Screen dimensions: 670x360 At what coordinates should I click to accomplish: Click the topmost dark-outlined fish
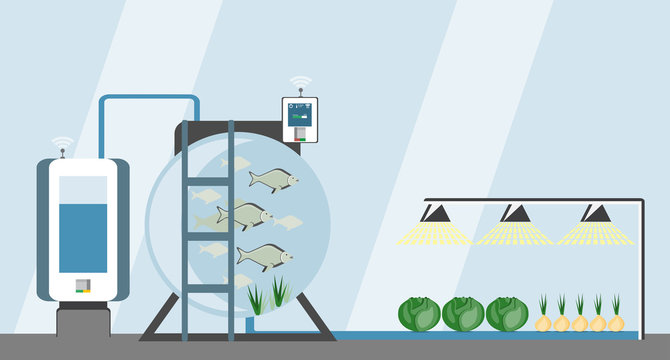coord(273,180)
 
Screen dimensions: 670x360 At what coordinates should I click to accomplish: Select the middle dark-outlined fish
coord(244,214)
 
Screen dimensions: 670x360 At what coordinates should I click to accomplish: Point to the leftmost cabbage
coord(419,313)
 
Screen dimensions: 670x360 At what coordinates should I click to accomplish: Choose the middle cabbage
coord(463,313)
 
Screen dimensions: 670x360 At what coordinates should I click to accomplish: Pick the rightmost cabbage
coord(506,313)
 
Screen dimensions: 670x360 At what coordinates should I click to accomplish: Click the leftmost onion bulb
coord(544,322)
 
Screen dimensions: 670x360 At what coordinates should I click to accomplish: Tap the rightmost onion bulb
coord(616,322)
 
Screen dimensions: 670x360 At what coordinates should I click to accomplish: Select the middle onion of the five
coord(580,322)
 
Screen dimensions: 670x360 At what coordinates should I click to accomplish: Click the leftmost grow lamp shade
coord(435,213)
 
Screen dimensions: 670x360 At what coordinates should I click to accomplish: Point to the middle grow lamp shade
coord(516,213)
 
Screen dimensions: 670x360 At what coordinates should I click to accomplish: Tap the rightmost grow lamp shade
coord(597,213)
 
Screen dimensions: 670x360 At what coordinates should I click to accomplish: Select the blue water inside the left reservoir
coord(83,238)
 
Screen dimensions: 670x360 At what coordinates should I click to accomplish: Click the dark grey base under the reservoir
coord(83,320)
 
